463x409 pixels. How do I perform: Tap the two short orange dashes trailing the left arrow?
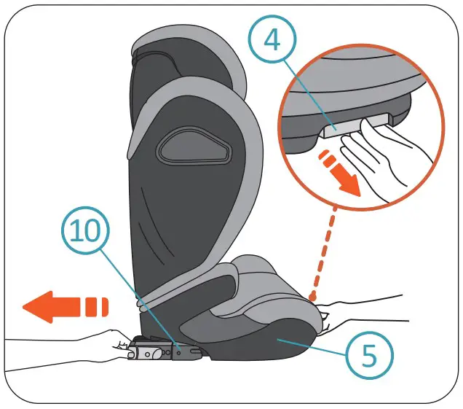(96, 306)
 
